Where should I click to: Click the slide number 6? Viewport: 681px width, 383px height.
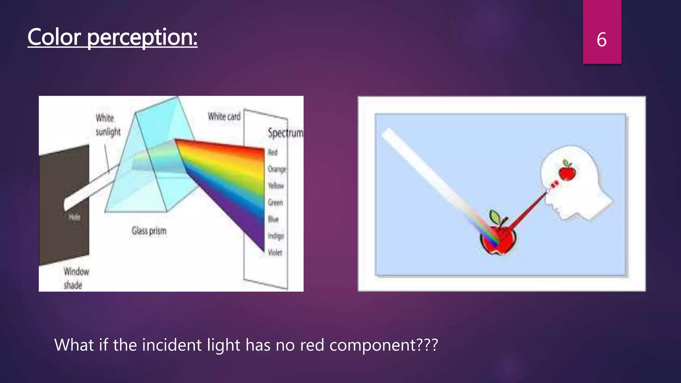click(602, 40)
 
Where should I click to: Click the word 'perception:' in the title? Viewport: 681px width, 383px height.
click(142, 37)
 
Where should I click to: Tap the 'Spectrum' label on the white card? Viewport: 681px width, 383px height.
click(285, 133)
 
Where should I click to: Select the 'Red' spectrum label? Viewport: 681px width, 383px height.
click(273, 153)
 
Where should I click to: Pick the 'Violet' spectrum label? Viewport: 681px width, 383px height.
click(275, 253)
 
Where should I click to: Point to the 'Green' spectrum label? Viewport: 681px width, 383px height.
click(275, 202)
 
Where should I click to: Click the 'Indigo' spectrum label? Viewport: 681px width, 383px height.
click(276, 236)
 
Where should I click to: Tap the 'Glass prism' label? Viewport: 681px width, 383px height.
click(149, 231)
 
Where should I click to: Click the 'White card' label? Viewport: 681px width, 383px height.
click(224, 117)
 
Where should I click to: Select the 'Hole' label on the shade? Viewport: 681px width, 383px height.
click(74, 217)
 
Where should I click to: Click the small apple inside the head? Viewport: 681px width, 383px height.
click(567, 171)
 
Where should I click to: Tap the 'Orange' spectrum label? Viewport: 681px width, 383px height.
click(277, 169)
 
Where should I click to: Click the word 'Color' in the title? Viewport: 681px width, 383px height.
click(54, 37)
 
